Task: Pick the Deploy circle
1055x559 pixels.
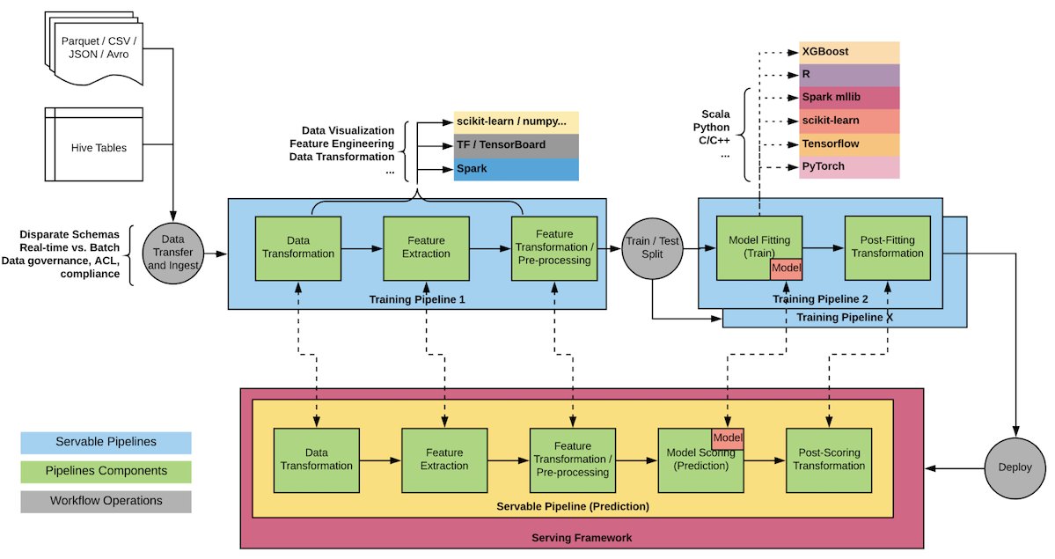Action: click(x=1015, y=467)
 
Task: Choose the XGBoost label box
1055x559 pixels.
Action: click(x=849, y=52)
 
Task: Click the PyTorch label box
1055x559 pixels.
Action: click(x=849, y=166)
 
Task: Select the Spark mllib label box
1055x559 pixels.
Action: click(x=849, y=98)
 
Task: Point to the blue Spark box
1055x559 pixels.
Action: click(x=517, y=168)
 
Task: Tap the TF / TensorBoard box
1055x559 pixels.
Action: click(x=517, y=144)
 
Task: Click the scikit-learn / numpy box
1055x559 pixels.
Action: click(x=517, y=121)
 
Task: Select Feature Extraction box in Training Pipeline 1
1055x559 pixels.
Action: click(x=426, y=247)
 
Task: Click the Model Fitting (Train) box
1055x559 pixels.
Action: click(x=758, y=246)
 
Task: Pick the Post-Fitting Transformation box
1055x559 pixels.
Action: click(x=887, y=246)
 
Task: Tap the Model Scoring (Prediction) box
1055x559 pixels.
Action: click(x=700, y=460)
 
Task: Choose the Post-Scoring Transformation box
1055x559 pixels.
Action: click(x=828, y=460)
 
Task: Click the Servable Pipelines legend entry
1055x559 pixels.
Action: click(x=106, y=443)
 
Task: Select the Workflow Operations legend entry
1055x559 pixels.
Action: click(x=106, y=501)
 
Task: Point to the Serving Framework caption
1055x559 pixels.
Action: click(x=582, y=537)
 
